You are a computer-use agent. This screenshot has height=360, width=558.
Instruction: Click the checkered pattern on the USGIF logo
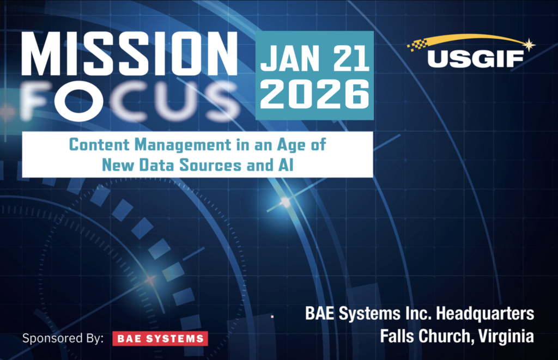[x=419, y=45]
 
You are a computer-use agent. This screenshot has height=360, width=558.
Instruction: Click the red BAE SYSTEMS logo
[x=160, y=338]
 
